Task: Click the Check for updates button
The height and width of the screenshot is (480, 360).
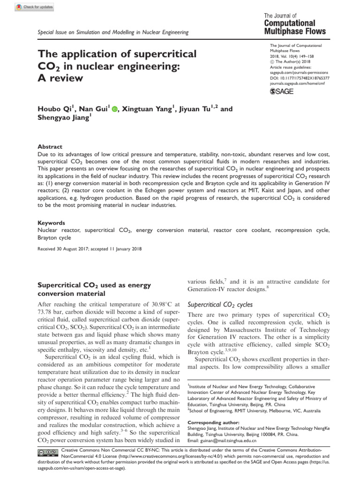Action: point(35,7)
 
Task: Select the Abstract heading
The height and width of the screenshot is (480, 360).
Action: point(49,147)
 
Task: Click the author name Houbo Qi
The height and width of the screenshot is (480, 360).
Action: point(53,110)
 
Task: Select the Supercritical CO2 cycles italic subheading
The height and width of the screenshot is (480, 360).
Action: point(220,304)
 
